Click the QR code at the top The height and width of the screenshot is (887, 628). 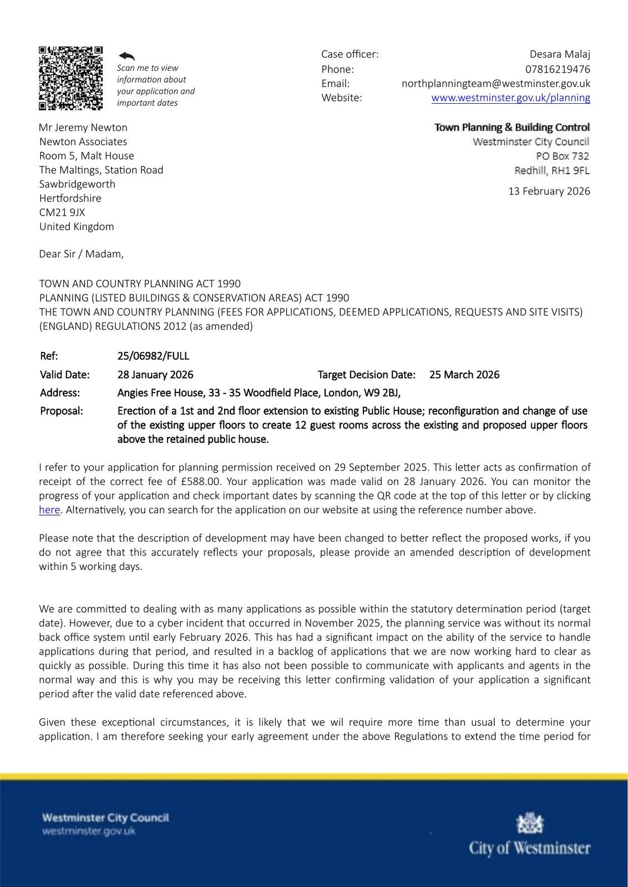[x=70, y=78]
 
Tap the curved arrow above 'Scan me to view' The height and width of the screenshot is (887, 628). [x=127, y=56]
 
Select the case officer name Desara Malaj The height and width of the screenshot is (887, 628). [x=560, y=54]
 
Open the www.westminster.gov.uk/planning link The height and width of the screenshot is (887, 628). [x=510, y=98]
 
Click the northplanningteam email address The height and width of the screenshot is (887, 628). [x=495, y=84]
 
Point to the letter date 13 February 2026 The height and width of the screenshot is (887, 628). [x=549, y=191]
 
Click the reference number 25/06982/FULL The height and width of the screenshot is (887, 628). [x=153, y=356]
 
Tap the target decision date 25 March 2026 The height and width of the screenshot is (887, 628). [x=464, y=375]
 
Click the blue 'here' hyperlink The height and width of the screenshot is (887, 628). [x=49, y=510]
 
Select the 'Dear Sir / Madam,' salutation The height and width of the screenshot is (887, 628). [x=82, y=254]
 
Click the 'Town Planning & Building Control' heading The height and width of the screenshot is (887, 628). [x=511, y=128]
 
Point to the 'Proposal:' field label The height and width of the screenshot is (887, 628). [x=62, y=411]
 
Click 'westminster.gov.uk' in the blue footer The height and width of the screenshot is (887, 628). [x=89, y=831]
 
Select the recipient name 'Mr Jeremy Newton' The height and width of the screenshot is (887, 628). [x=83, y=128]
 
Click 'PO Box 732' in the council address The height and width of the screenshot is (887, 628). [x=562, y=156]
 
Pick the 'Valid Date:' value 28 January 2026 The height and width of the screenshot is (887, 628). [x=155, y=375]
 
